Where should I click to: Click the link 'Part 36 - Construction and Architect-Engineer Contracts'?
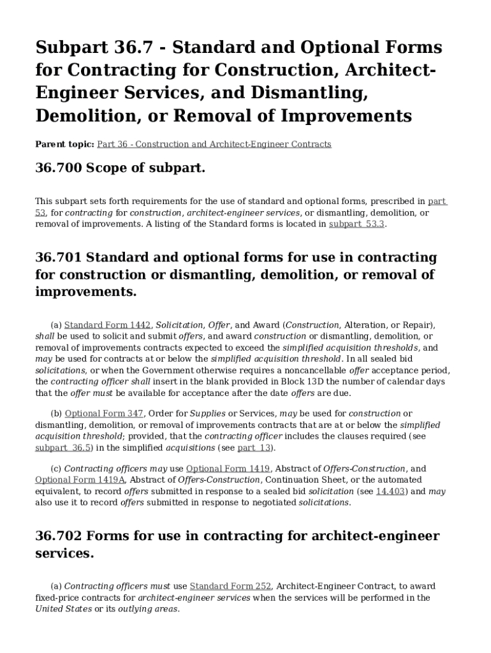pyautogui.click(x=214, y=144)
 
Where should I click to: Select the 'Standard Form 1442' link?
pyautogui.click(x=108, y=325)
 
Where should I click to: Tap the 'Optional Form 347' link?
pyautogui.click(x=104, y=413)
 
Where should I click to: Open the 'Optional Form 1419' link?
pyautogui.click(x=228, y=468)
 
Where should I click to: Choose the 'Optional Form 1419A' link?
pyautogui.click(x=80, y=480)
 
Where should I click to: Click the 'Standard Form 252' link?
pyautogui.click(x=231, y=586)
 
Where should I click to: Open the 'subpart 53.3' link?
pyautogui.click(x=356, y=224)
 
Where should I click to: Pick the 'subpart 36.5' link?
pyautogui.click(x=64, y=448)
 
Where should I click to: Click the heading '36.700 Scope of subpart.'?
pyautogui.click(x=121, y=169)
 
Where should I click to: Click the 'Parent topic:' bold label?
pyautogui.click(x=64, y=144)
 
